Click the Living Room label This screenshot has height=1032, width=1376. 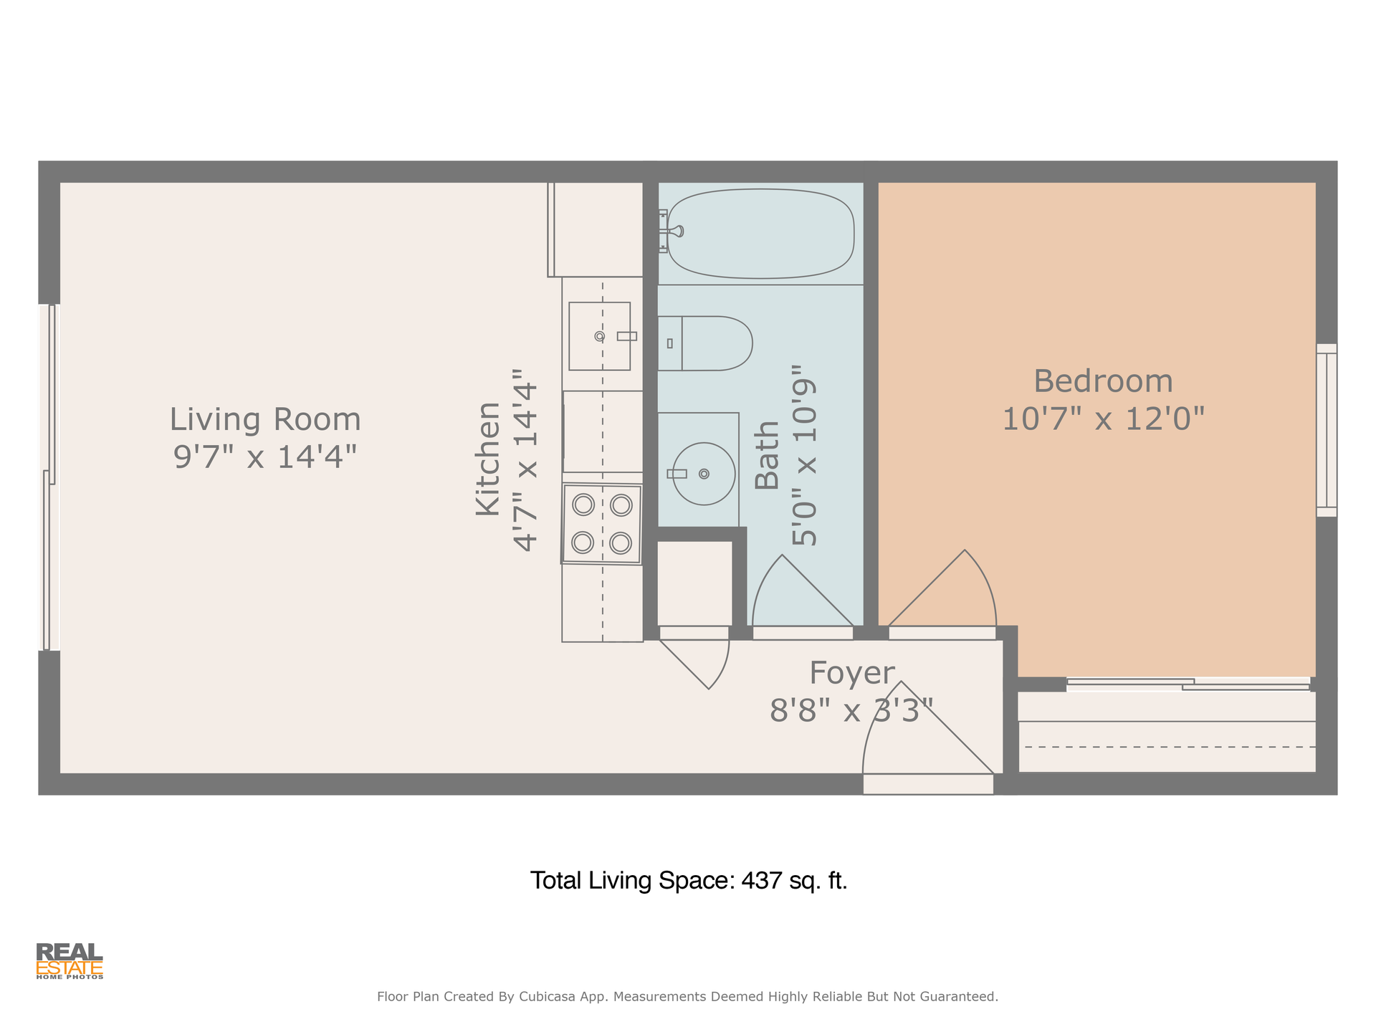coord(265,419)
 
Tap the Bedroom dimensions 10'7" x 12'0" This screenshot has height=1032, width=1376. coord(1103,419)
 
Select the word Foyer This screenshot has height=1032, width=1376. coord(852,674)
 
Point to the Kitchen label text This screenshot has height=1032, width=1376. coord(488,459)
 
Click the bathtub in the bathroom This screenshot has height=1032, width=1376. coord(760,234)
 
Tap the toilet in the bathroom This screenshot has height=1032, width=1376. coord(705,343)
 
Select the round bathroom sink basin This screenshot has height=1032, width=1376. coord(704,474)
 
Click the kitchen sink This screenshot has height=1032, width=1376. coord(600,336)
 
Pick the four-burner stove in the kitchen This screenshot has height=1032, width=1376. coord(601,525)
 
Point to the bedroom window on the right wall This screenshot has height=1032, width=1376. coord(1327,430)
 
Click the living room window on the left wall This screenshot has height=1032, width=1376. coord(49,477)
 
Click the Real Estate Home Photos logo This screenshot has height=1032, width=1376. coord(70,961)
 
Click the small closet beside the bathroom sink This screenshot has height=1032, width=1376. coord(694,583)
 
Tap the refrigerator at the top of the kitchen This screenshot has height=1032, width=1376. coord(596,229)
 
